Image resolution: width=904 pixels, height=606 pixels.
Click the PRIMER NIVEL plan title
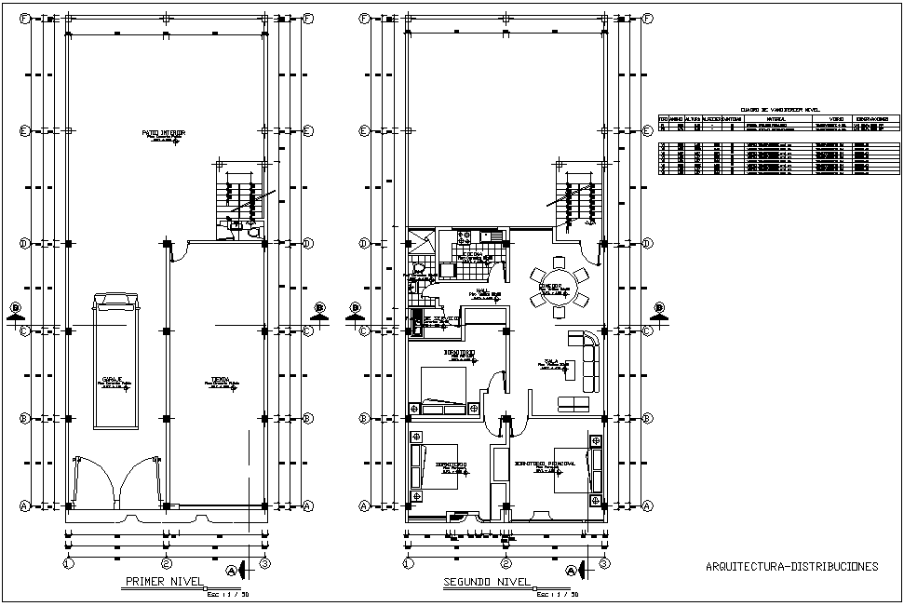pyautogui.click(x=164, y=583)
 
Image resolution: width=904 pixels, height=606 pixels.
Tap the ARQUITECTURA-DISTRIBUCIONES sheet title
pyautogui.click(x=791, y=566)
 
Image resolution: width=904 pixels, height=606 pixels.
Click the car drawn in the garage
pyautogui.click(x=117, y=372)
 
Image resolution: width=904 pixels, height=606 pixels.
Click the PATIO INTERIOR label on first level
pyautogui.click(x=164, y=133)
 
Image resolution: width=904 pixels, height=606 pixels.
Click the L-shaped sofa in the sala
pyautogui.click(x=588, y=358)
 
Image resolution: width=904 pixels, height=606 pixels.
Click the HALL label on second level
pyautogui.click(x=482, y=291)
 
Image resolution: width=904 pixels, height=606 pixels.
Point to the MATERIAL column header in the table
pyautogui.click(x=775, y=119)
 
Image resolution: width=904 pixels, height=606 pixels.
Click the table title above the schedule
pyautogui.click(x=778, y=108)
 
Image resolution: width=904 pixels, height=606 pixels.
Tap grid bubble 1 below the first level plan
pyautogui.click(x=68, y=563)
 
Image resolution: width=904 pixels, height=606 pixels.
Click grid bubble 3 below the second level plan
pyautogui.click(x=604, y=563)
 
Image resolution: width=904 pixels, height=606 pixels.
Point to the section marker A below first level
pyautogui.click(x=232, y=569)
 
